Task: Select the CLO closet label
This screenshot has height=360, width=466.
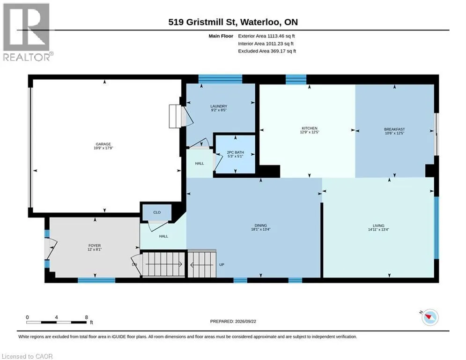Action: coord(157,212)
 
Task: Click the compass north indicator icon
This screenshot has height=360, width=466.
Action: coord(429,317)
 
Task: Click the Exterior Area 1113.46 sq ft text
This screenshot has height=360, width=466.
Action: coord(266,36)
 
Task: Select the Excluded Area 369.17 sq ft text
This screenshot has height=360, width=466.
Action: coord(267,51)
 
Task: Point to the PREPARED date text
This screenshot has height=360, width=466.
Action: coord(233,321)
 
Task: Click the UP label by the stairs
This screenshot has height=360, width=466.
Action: coord(222,264)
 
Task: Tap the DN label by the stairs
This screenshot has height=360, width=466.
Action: coord(134,264)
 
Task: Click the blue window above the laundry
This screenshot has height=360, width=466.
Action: coord(220,79)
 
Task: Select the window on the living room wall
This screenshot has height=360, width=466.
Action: coord(436,228)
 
